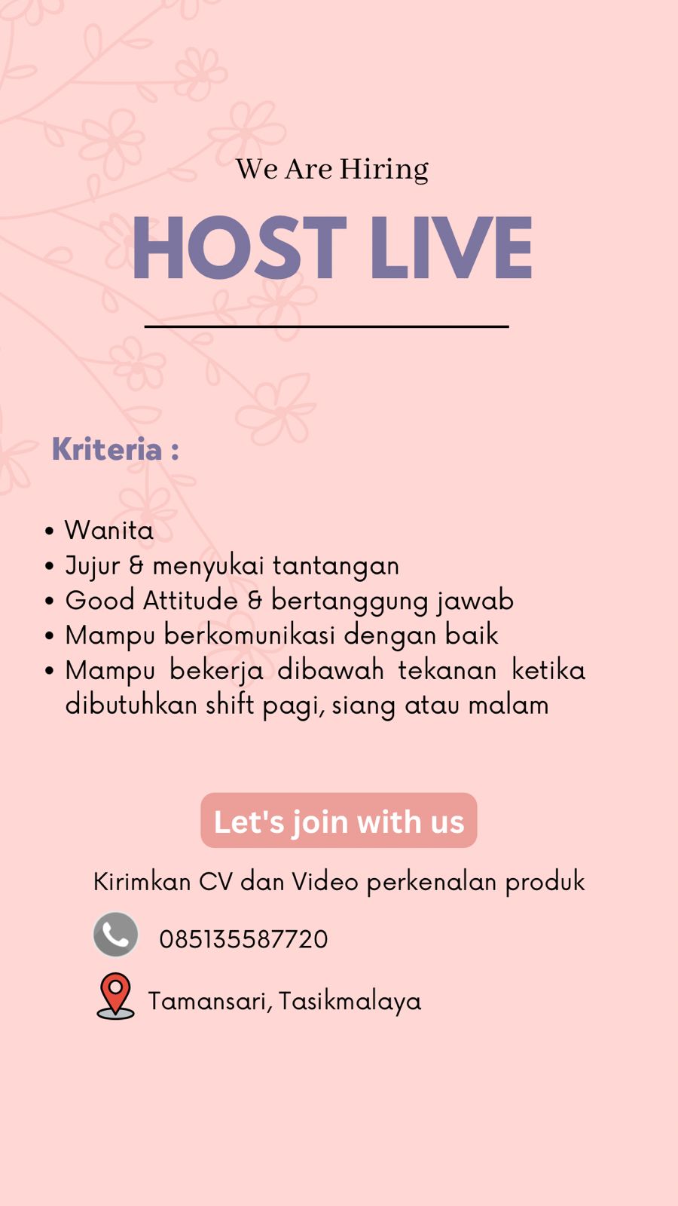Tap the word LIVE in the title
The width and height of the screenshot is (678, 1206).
pos(451,247)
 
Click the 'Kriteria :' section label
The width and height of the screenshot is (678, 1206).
pos(115,449)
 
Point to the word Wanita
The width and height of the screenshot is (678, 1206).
pos(109,531)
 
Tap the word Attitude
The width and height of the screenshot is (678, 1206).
pos(191,600)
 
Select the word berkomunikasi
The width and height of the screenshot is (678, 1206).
pos(249,635)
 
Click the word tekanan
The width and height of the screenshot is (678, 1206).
pos(447,670)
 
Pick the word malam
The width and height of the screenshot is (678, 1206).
pos(508,706)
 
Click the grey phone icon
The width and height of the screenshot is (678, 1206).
pos(116,934)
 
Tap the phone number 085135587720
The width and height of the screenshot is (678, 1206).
pos(243,939)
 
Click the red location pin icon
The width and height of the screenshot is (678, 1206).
pos(116,996)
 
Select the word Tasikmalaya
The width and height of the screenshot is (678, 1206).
pos(350,1002)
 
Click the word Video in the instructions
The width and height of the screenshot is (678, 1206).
pos(325,882)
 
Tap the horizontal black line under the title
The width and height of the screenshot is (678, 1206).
pos(327,326)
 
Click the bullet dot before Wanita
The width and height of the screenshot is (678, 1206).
pos(50,531)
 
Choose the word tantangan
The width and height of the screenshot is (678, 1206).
pos(336,566)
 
